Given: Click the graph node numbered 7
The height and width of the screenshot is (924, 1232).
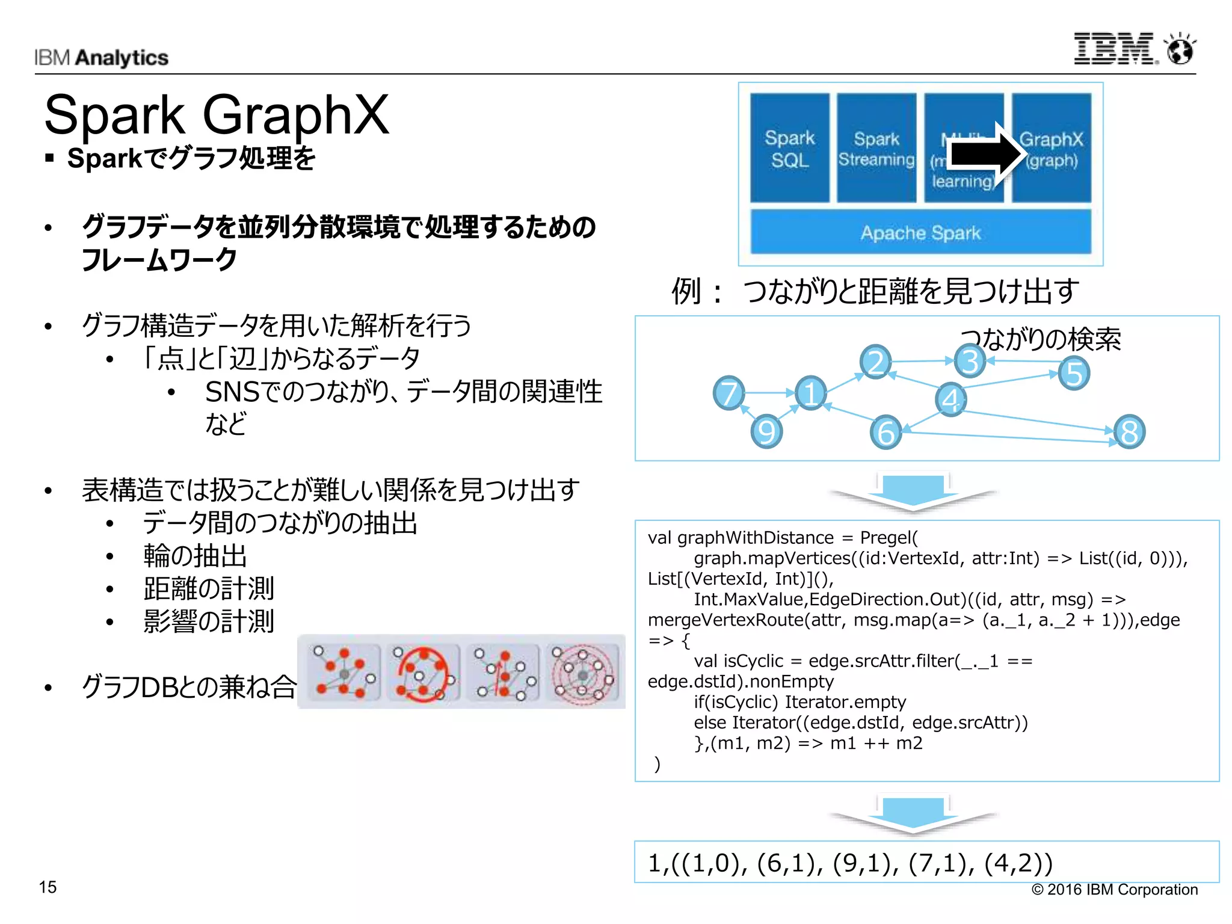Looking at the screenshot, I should click(728, 393).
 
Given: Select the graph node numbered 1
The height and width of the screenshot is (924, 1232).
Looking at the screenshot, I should click(811, 393).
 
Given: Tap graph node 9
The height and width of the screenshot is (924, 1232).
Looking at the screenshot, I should click(766, 431).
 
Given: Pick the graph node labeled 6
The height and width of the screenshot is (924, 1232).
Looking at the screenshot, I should click(885, 432).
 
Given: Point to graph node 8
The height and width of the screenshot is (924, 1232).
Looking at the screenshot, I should click(1129, 432).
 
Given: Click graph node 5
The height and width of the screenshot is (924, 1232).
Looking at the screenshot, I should click(1074, 374).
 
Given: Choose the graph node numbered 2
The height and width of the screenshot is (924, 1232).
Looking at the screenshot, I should click(875, 362).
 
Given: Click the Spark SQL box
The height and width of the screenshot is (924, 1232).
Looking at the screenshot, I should click(789, 148).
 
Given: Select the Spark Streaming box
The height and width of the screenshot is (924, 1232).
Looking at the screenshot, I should click(876, 148).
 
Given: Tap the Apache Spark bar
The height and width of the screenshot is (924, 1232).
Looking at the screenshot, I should click(920, 232).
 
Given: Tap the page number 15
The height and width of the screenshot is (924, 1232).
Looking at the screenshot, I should click(48, 887).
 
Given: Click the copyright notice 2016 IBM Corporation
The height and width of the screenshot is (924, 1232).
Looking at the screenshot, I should click(1115, 889).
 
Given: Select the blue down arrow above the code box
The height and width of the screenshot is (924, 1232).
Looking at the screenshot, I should click(913, 491).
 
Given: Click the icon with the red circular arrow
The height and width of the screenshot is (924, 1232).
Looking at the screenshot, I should click(423, 672).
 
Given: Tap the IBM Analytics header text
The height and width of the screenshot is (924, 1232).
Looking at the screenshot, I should click(101, 58).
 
